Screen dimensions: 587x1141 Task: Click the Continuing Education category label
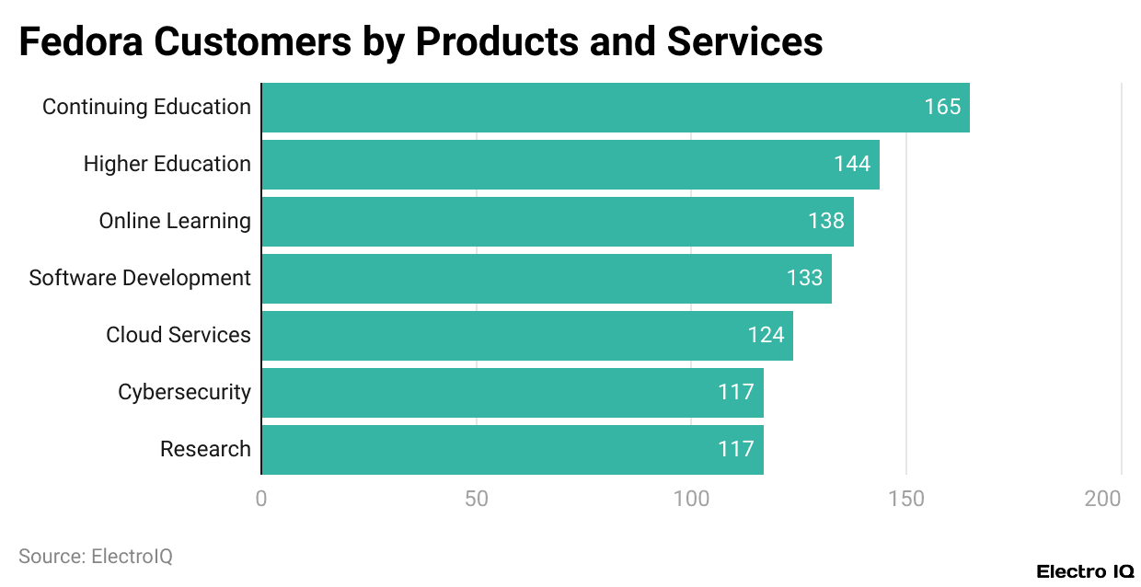146,107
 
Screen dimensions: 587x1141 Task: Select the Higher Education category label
167,164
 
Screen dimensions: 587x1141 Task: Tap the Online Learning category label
175,221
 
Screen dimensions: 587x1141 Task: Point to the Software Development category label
140,278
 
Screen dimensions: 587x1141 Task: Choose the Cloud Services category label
179,335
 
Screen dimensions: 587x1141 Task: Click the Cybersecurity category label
184,392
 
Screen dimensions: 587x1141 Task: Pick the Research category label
205,449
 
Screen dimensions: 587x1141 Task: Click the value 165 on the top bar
942,107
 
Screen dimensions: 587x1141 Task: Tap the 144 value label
852,164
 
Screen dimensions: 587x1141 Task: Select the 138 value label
826,221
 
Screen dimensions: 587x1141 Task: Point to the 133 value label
804,278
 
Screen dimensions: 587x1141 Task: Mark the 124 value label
766,335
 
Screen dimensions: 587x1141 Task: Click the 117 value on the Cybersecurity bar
736,392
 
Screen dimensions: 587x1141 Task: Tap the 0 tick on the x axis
261,499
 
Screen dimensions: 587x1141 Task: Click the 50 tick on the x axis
476,499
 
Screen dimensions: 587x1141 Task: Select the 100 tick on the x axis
691,499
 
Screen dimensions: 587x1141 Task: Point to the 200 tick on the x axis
1102,499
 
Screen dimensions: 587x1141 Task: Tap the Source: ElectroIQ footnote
96,556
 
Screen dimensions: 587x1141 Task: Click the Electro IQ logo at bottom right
1085,571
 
